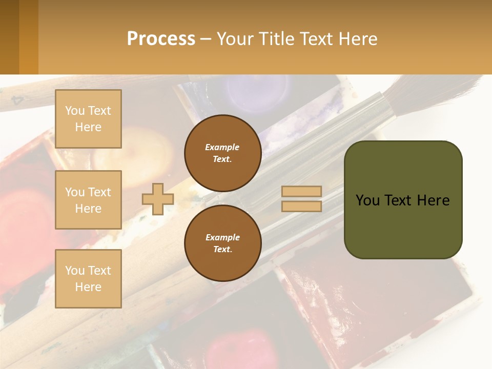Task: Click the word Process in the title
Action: (161, 39)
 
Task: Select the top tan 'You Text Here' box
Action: (88, 119)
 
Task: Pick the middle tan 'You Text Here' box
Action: (88, 200)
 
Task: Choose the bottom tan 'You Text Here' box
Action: (88, 278)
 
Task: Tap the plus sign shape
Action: (157, 199)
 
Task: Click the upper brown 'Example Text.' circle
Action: (222, 153)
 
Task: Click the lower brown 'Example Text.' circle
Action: (222, 243)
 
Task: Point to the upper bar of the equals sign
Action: (301, 191)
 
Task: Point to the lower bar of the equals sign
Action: (301, 206)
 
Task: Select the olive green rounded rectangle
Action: (403, 225)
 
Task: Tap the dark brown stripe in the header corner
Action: (9, 37)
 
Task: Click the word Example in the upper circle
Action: (222, 147)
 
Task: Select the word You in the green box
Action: (367, 200)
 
